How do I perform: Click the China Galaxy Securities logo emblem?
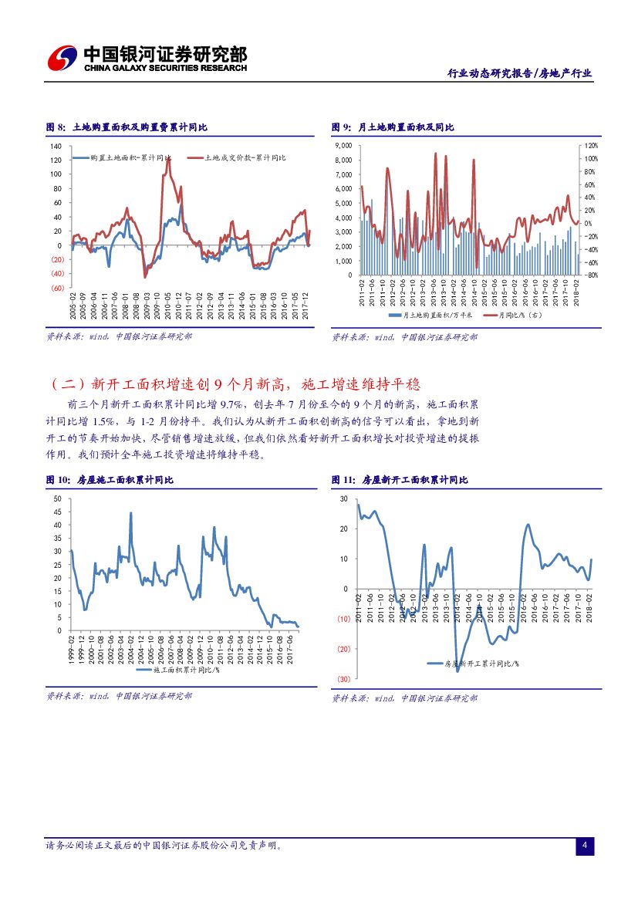click(62, 57)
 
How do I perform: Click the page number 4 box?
click(585, 846)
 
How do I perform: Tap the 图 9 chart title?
click(393, 127)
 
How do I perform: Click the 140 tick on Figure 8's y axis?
click(56, 146)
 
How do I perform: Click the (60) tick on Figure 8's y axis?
click(56, 288)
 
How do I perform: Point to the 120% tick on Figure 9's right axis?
click(591, 146)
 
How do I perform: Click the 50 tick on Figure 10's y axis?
click(58, 499)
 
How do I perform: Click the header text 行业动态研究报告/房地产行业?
click(520, 73)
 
